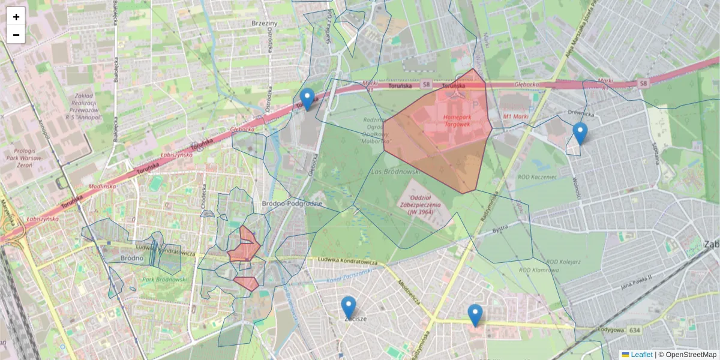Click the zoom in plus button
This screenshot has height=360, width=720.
tap(16, 16)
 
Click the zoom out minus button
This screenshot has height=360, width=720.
tap(16, 35)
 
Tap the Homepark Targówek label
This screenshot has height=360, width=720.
tap(457, 120)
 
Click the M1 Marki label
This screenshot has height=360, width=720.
tap(515, 116)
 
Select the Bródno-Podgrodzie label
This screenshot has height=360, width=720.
tap(292, 204)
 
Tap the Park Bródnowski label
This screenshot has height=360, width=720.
tap(165, 280)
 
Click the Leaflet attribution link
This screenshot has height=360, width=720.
tap(641, 355)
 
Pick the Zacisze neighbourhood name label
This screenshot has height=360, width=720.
tap(355, 319)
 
